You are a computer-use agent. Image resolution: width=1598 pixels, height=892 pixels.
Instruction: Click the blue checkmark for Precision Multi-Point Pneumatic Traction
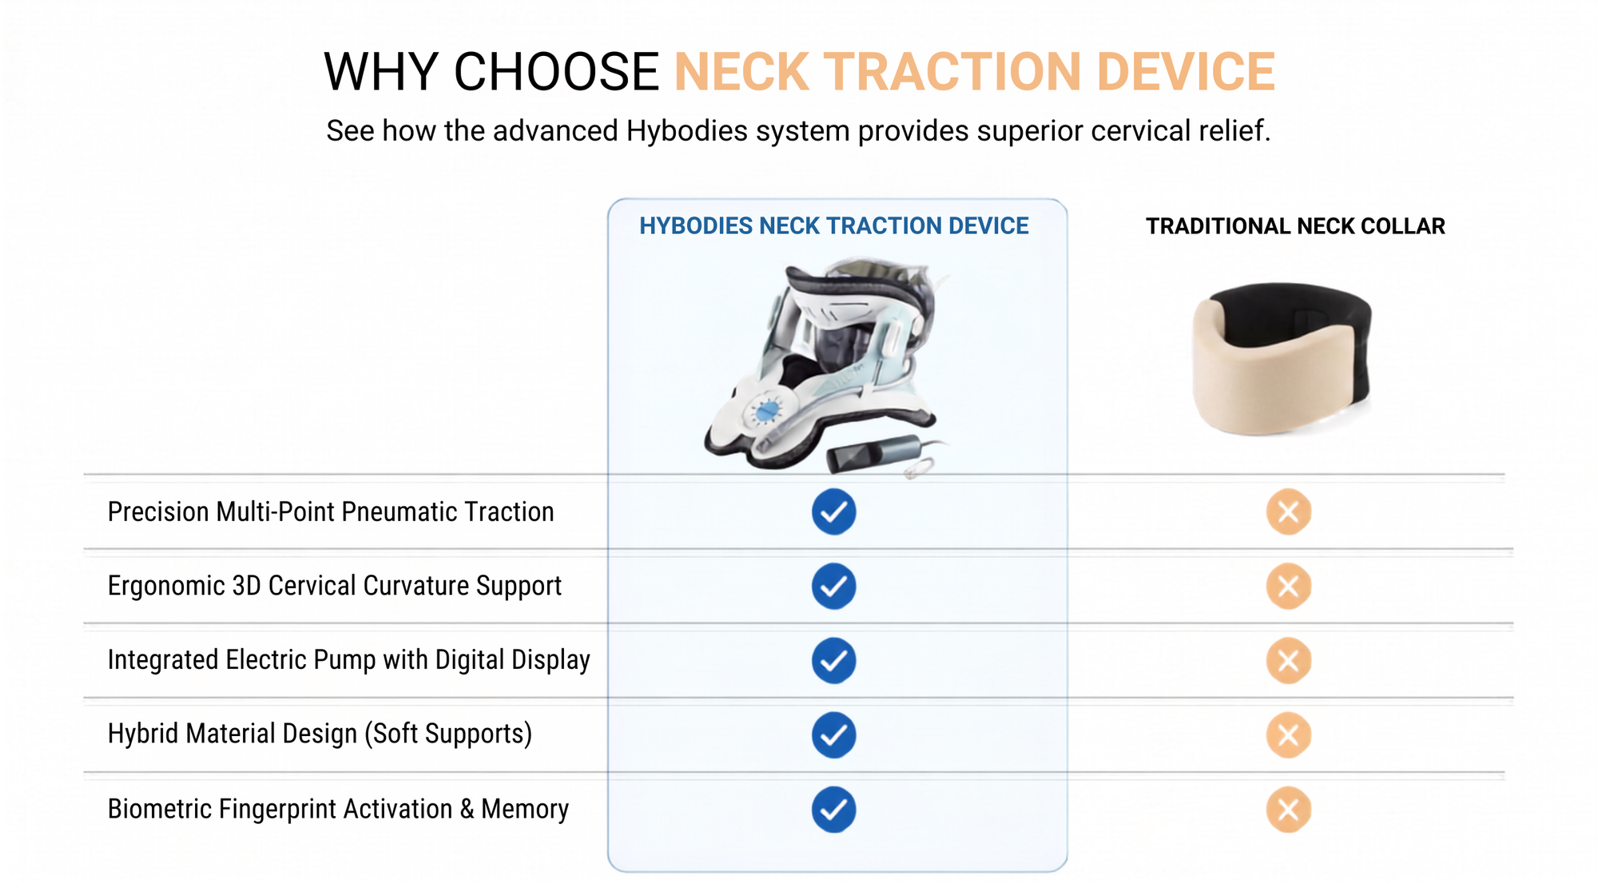[833, 512]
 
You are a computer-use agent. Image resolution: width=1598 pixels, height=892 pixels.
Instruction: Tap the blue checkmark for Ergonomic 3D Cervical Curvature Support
[833, 586]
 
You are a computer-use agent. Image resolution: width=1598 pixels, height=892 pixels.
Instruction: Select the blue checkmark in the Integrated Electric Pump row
[833, 660]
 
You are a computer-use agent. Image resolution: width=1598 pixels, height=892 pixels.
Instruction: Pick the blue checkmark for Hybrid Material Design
[833, 735]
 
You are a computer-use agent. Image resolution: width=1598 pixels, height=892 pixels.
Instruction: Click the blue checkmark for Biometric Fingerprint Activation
[833, 810]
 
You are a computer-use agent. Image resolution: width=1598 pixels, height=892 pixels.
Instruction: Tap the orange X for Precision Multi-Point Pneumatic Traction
[1288, 512]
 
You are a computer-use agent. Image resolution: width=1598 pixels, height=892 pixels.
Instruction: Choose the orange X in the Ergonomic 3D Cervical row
[1288, 586]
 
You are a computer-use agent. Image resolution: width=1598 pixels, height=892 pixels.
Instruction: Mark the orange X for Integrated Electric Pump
[1288, 660]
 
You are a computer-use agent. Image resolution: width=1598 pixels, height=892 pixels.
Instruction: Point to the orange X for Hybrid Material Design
[1288, 735]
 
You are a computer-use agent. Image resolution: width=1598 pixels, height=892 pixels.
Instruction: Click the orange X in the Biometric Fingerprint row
[1288, 810]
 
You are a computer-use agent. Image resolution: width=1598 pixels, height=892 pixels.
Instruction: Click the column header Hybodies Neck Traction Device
[833, 226]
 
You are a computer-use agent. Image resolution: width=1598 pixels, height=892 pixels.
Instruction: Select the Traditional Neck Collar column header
[1295, 226]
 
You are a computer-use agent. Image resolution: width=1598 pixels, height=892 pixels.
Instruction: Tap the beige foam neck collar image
[1282, 359]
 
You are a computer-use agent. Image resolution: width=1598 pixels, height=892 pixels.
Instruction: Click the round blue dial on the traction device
[767, 411]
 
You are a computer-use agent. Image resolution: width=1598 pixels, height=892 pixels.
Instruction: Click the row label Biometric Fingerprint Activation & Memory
[338, 809]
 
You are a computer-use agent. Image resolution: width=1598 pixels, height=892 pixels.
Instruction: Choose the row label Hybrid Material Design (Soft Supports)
[320, 734]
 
